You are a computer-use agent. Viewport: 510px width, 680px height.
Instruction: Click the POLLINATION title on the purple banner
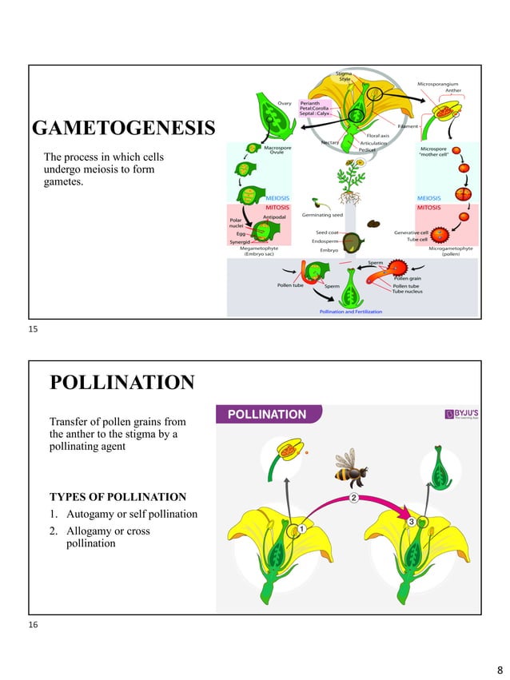268,415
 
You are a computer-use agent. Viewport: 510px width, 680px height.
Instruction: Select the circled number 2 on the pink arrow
353,498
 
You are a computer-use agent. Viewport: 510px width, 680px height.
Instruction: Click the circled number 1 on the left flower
302,529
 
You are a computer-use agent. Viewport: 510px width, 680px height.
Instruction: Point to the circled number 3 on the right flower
411,521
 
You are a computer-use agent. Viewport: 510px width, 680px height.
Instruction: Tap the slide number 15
33,328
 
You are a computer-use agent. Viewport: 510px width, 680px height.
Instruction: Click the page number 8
500,668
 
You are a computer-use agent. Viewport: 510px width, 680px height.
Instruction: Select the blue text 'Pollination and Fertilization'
350,312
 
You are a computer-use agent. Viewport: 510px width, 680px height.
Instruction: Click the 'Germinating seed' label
322,215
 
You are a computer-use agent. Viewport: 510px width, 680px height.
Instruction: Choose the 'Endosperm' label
324,241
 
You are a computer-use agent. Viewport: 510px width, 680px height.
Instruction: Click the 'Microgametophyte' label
451,249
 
